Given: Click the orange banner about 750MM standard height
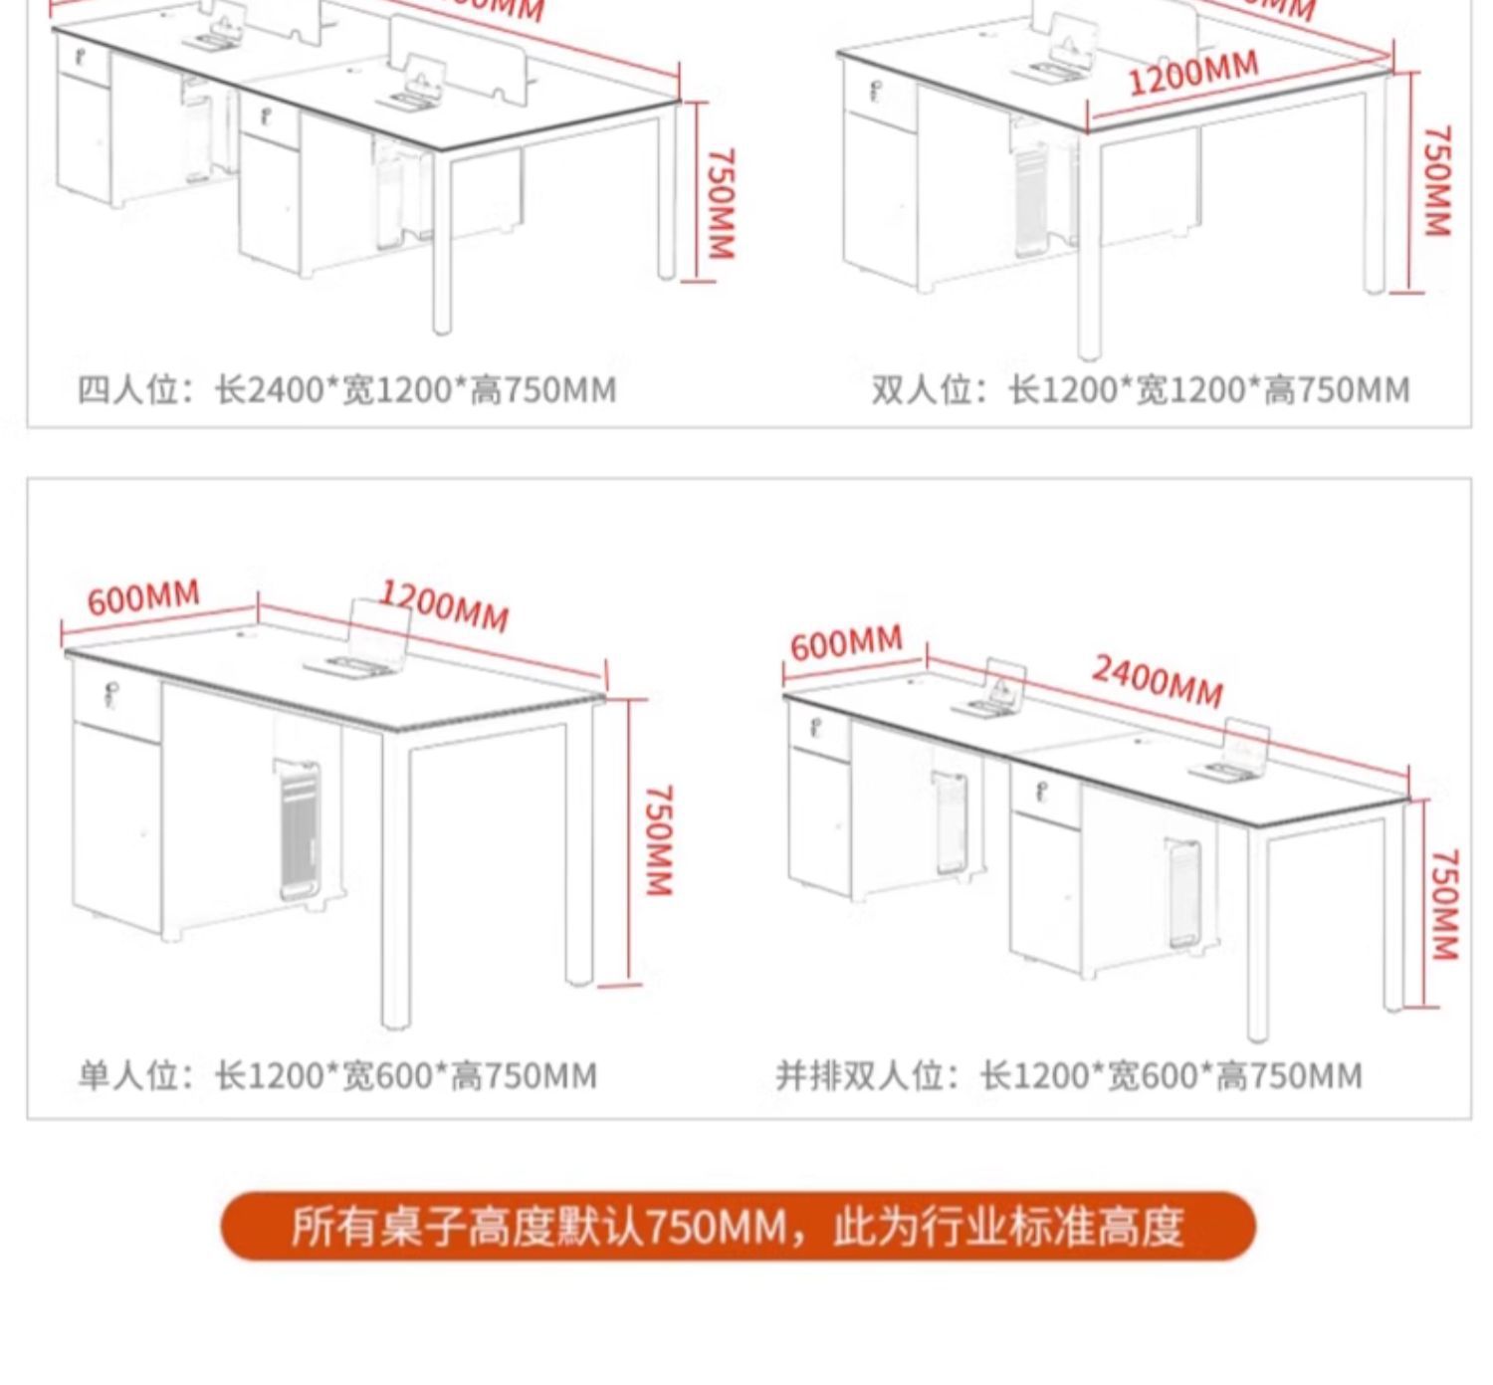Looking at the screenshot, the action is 738,1226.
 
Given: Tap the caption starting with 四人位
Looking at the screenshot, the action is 346,389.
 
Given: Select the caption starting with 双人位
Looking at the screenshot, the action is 1141,389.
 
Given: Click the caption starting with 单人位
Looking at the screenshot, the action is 337,1076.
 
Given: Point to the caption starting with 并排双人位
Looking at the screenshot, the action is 1069,1076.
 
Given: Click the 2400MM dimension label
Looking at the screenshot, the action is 1158,681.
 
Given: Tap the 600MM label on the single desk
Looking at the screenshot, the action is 143,597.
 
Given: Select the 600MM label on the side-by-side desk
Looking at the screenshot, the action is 846,643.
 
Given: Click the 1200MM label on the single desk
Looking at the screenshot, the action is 444,605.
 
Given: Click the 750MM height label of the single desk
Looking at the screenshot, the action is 660,839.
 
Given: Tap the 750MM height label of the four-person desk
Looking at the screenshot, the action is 721,203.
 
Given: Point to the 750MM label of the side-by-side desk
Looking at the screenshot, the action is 1444,904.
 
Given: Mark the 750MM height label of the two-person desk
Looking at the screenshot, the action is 1436,180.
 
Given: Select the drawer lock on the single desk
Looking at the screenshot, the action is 110,691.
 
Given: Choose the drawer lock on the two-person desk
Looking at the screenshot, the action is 875,93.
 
